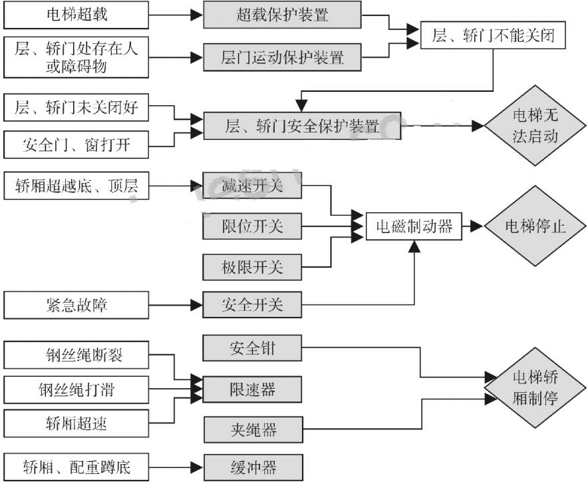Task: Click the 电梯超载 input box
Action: (76, 15)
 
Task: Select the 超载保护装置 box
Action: (282, 15)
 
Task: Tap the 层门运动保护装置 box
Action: (282, 57)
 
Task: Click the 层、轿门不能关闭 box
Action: (492, 36)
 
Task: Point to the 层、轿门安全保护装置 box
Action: (301, 126)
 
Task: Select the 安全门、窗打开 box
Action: (76, 144)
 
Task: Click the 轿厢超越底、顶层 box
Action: (76, 186)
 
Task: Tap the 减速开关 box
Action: (252, 186)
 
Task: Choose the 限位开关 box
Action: (252, 226)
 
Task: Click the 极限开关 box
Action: (252, 267)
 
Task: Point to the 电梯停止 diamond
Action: (534, 226)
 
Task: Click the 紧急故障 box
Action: (76, 306)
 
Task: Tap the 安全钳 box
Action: (252, 348)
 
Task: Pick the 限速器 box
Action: (252, 388)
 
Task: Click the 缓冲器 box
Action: (252, 466)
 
